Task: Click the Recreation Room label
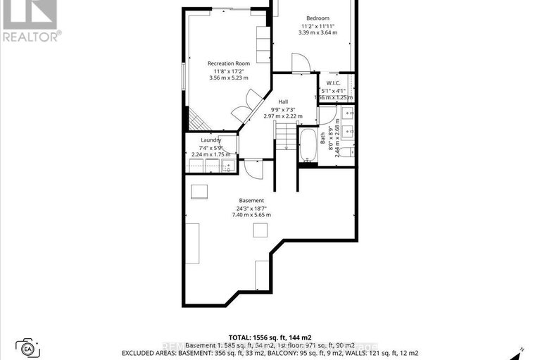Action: click(x=225, y=64)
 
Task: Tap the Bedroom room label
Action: click(x=318, y=18)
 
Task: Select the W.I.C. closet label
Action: click(x=334, y=83)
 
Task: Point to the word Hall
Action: click(x=283, y=101)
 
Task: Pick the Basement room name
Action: click(x=251, y=200)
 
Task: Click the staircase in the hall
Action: click(x=284, y=135)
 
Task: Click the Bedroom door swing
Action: click(x=301, y=63)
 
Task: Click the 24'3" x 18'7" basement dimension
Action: click(x=251, y=208)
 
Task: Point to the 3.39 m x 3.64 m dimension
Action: click(x=318, y=32)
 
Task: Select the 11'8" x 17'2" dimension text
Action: click(x=225, y=71)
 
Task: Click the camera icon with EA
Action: click(x=29, y=348)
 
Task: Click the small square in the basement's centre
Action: click(x=261, y=230)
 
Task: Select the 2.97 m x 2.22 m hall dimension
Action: click(x=283, y=116)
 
